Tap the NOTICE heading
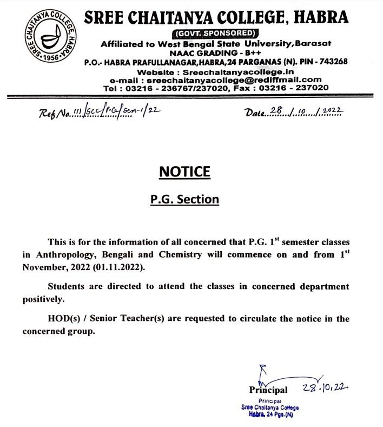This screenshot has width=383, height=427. pos(184,172)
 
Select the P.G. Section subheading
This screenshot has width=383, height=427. pos(184,199)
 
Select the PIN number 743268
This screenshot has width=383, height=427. pos(331,61)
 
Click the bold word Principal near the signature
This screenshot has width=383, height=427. pos(268,389)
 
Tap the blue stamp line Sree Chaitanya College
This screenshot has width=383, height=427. pos(269,407)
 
